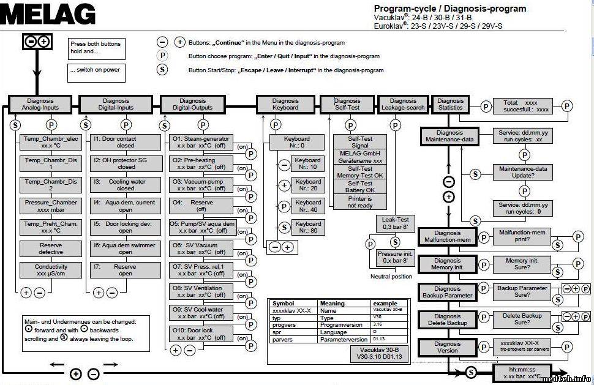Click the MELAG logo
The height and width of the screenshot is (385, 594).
tap(48, 14)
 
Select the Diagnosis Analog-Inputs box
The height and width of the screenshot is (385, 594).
tap(40, 104)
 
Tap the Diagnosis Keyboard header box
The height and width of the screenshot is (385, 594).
tap(285, 104)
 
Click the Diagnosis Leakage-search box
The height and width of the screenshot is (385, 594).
tap(402, 104)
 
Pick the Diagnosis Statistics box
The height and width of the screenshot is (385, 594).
tap(451, 104)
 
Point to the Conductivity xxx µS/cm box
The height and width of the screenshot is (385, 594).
tap(50, 270)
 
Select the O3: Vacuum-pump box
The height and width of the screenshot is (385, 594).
tap(200, 185)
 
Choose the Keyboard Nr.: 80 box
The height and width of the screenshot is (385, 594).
tap(308, 227)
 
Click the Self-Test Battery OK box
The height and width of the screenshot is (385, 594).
tap(360, 187)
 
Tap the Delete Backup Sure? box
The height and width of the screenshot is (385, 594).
tap(522, 319)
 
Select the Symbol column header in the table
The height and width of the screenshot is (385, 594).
tap(293, 304)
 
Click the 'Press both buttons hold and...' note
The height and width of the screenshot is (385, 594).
tap(95, 48)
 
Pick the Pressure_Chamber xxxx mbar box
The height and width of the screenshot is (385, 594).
tap(50, 206)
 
